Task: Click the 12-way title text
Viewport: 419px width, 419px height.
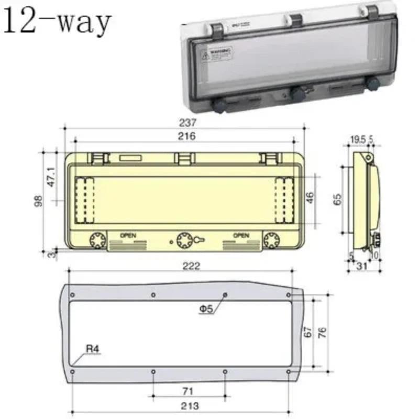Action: pyautogui.click(x=57, y=22)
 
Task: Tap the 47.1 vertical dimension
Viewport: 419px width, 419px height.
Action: pyautogui.click(x=51, y=177)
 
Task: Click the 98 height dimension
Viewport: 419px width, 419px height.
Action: pyautogui.click(x=38, y=202)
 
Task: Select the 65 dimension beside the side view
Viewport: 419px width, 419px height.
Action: pyautogui.click(x=337, y=199)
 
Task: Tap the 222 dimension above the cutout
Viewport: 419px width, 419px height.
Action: pyautogui.click(x=192, y=266)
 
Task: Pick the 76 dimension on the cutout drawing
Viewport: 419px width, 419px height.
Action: pyautogui.click(x=323, y=333)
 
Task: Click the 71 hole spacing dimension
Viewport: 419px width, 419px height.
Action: pyautogui.click(x=189, y=391)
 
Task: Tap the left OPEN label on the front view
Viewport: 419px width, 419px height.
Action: pyautogui.click(x=128, y=236)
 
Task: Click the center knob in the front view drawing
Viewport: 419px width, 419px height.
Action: pyautogui.click(x=184, y=240)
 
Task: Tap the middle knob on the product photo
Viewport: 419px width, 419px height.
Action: pyautogui.click(x=297, y=94)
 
